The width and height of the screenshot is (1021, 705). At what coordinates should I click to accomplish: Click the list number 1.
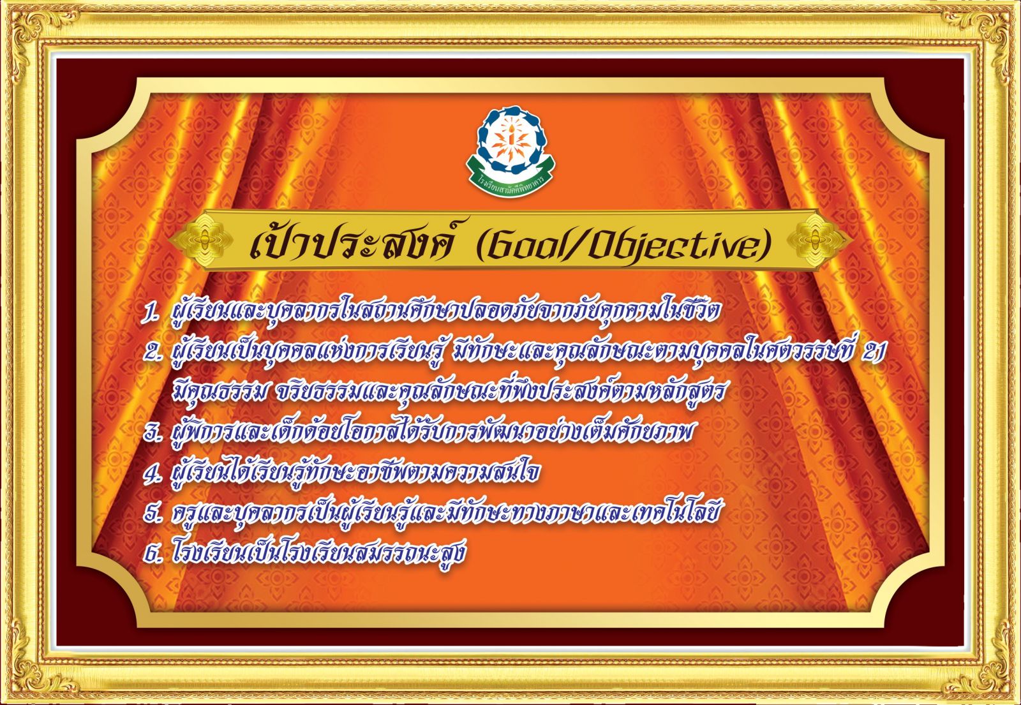[150, 314]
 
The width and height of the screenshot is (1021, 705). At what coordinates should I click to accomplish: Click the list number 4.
[152, 473]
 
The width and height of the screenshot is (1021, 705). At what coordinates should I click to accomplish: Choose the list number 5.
[152, 514]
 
